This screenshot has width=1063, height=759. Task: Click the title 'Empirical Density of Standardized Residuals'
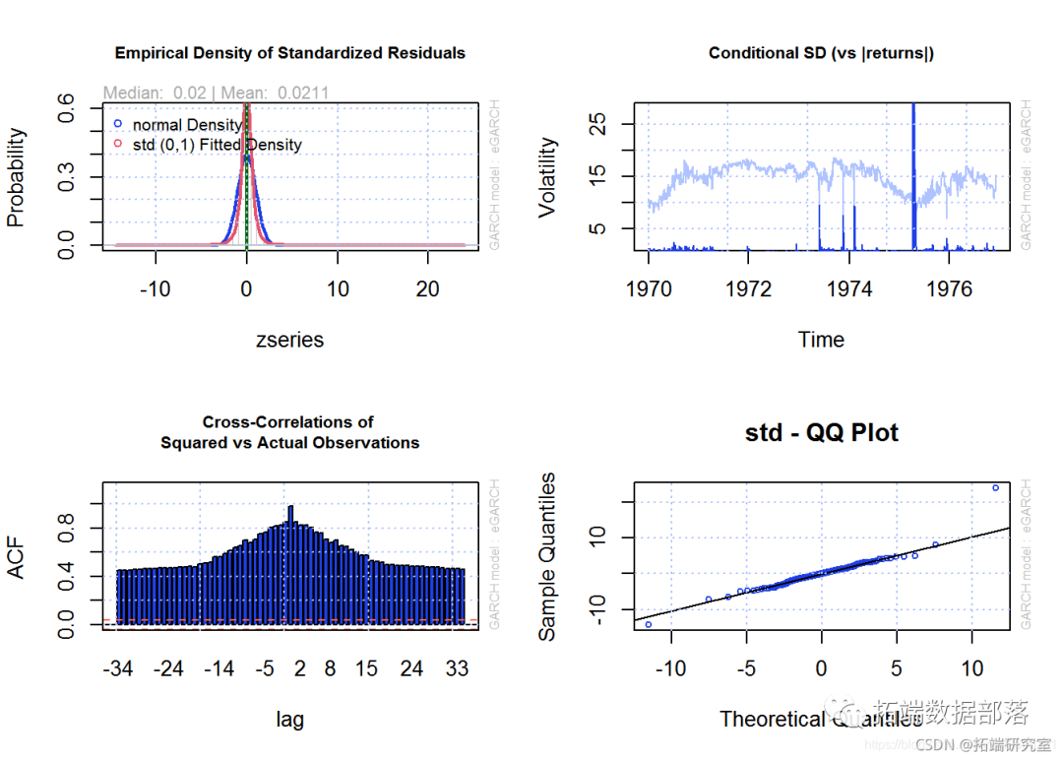pyautogui.click(x=290, y=52)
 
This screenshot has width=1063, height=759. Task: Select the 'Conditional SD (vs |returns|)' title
pyautogui.click(x=821, y=52)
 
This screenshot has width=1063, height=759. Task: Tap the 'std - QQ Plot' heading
pyautogui.click(x=822, y=433)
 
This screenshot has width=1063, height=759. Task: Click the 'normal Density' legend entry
pyautogui.click(x=187, y=125)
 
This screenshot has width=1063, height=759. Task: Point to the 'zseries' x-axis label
pyautogui.click(x=289, y=340)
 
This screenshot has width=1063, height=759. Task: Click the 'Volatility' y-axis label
pyautogui.click(x=548, y=177)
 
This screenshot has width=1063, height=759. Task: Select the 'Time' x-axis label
pyautogui.click(x=821, y=340)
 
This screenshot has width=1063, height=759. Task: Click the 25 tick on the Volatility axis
pyautogui.click(x=598, y=124)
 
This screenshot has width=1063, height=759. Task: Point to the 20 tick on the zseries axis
pyautogui.click(x=427, y=289)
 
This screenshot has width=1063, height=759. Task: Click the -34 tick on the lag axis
pyautogui.click(x=118, y=669)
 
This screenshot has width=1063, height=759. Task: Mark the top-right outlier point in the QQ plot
pyautogui.click(x=995, y=487)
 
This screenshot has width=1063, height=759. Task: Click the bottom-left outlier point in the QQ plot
pyautogui.click(x=648, y=624)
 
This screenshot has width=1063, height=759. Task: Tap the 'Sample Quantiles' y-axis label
pyautogui.click(x=548, y=556)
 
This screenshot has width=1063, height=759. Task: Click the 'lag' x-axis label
pyautogui.click(x=289, y=720)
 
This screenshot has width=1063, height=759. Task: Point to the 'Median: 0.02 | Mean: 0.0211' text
pyautogui.click(x=217, y=93)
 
